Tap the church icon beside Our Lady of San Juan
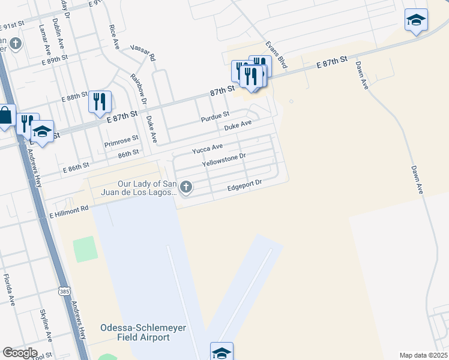point(186,188)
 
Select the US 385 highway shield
point(64,291)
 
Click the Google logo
point(20,353)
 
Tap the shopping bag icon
point(5,115)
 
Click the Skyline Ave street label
point(47,325)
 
